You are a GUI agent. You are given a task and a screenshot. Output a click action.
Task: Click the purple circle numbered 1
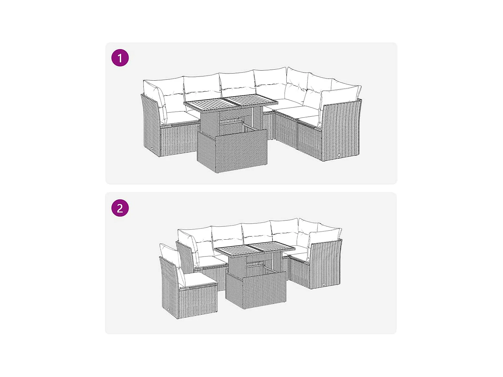(x=120, y=58)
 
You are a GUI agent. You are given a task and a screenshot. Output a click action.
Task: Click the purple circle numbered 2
(x=120, y=208)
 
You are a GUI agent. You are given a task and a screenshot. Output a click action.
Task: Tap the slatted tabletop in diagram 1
(x=231, y=103)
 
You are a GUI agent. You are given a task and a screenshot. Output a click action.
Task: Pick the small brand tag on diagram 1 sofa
(x=338, y=155)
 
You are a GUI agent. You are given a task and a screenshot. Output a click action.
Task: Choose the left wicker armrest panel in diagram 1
(x=151, y=126)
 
